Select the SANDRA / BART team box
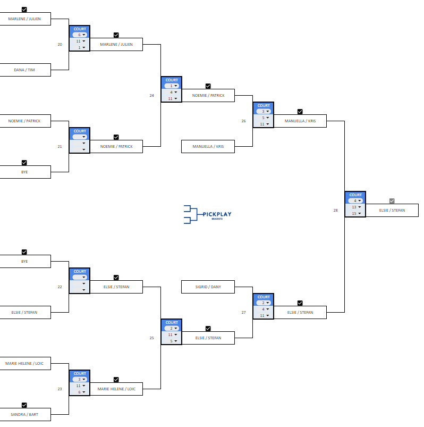tap(25, 414)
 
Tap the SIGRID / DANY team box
tap(208, 287)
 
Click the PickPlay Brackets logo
tap(208, 214)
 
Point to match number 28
tap(335, 210)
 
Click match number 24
tap(151, 95)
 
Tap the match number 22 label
tap(60, 287)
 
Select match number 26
tap(243, 121)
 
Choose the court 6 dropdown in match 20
tap(80, 35)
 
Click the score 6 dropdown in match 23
tap(80, 392)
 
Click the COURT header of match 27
tap(264, 297)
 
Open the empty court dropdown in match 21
tap(80, 137)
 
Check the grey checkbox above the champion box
tap(392, 201)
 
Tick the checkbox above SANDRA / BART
tap(24, 405)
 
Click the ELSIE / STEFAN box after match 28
tap(392, 210)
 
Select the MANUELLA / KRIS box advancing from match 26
tap(300, 121)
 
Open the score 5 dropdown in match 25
tap(172, 341)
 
